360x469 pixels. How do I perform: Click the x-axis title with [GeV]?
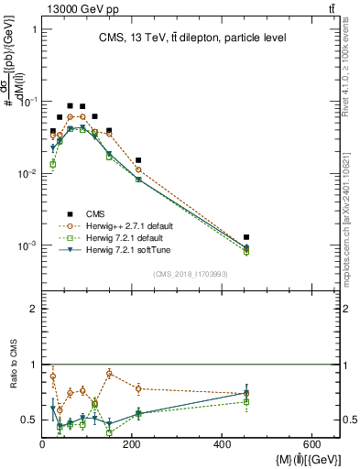pos(289,459)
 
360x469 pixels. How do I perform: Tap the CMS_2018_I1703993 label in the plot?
pos(191,273)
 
